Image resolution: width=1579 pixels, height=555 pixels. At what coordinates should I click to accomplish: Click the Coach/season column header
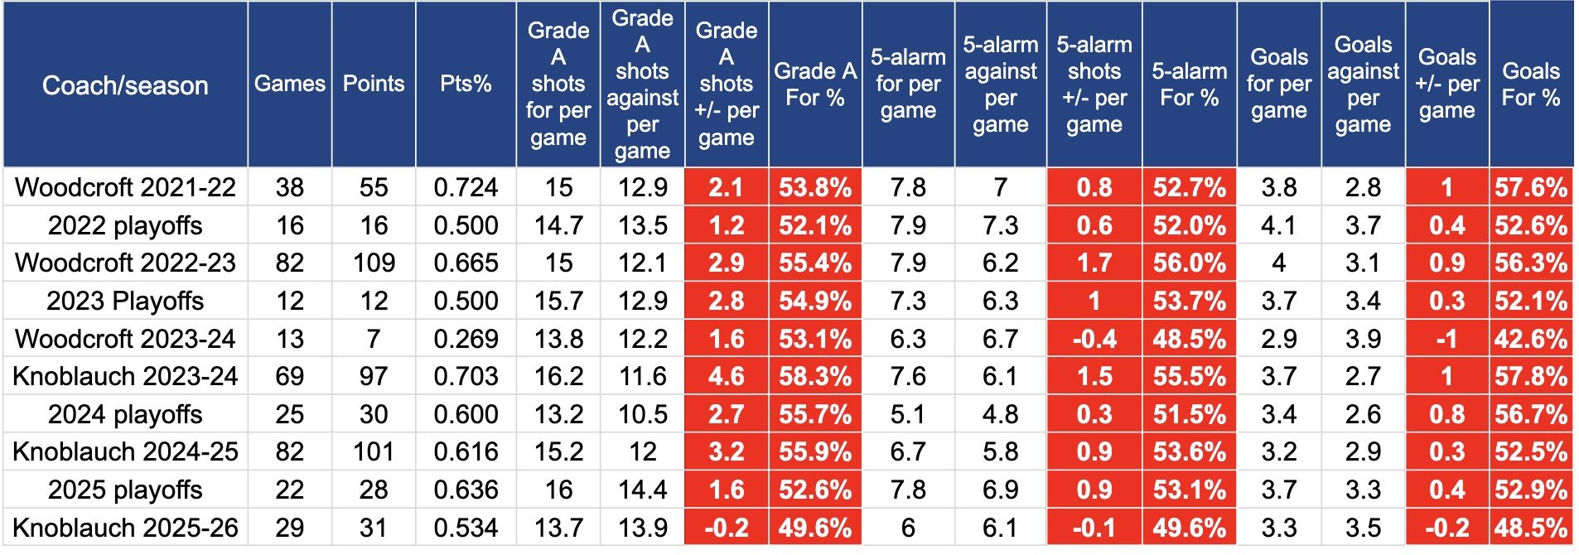125,85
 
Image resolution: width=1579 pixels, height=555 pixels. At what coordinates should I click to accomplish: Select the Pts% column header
466,84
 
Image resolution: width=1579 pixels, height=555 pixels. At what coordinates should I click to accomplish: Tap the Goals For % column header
1530,84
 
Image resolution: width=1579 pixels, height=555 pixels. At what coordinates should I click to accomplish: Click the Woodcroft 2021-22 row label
125,187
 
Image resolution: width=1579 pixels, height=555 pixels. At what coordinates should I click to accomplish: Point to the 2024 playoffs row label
125,414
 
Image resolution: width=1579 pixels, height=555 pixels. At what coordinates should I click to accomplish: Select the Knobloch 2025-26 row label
125,528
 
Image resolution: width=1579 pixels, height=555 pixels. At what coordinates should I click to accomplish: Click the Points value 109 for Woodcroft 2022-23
374,263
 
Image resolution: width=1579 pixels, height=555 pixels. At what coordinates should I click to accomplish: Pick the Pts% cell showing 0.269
466,339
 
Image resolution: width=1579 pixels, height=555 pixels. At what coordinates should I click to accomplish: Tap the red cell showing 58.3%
815,377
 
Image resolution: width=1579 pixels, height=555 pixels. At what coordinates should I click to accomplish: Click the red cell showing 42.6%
1530,339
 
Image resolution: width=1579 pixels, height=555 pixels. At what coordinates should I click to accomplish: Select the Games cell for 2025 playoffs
290,490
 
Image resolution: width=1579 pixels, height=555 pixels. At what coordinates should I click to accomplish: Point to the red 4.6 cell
726,377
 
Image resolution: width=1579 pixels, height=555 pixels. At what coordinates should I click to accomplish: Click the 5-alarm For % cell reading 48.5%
1189,339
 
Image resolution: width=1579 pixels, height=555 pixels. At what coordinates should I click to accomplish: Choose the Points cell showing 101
374,452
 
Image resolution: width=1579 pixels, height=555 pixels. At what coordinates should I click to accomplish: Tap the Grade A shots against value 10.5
642,414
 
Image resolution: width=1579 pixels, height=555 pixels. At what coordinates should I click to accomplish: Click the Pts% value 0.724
466,187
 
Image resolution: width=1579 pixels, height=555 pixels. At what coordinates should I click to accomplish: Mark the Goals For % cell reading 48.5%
1530,528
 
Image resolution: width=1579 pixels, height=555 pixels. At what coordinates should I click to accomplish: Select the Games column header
290,84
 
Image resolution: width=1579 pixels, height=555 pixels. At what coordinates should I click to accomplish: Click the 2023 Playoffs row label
125,301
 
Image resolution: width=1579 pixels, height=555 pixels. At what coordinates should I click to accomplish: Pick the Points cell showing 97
374,377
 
